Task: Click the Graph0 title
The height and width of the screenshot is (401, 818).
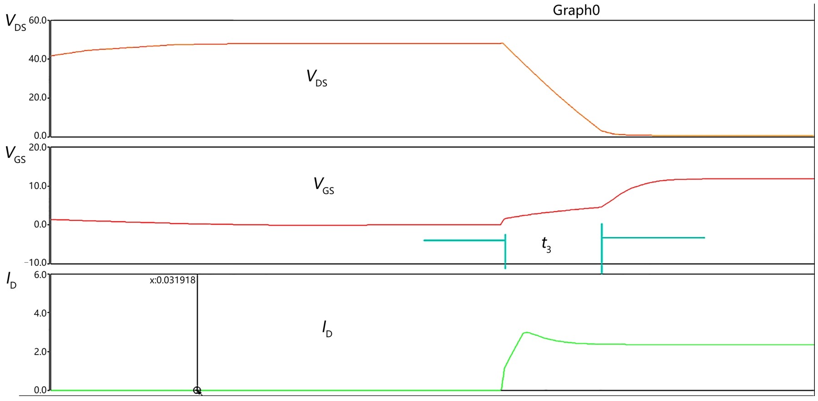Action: pyautogui.click(x=576, y=10)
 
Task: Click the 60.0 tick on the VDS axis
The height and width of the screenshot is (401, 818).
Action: pyautogui.click(x=38, y=20)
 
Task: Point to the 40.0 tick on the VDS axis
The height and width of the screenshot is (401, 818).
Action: pyautogui.click(x=38, y=59)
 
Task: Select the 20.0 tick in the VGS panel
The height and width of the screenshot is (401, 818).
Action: pyautogui.click(x=38, y=147)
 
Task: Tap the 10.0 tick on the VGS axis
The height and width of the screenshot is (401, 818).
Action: pyautogui.click(x=38, y=186)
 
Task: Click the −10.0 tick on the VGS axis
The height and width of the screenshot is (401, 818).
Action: pyautogui.click(x=36, y=263)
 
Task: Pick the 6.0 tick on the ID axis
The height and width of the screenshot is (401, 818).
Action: pyautogui.click(x=41, y=275)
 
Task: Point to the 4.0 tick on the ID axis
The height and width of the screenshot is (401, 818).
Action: pyautogui.click(x=41, y=314)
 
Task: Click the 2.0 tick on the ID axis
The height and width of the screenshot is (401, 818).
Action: pyautogui.click(x=41, y=352)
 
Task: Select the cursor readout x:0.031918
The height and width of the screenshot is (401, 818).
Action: pyautogui.click(x=173, y=280)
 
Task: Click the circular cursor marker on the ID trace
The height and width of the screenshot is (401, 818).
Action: pyautogui.click(x=197, y=390)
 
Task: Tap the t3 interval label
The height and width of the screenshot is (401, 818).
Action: pyautogui.click(x=546, y=245)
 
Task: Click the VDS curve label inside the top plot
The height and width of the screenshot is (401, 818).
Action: pyautogui.click(x=317, y=78)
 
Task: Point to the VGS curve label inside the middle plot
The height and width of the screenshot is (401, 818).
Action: pyautogui.click(x=324, y=186)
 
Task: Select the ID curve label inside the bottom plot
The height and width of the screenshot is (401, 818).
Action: pyautogui.click(x=327, y=329)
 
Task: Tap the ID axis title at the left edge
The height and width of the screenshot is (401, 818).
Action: pyautogui.click(x=11, y=280)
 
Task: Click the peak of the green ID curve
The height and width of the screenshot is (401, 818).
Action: pyautogui.click(x=526, y=333)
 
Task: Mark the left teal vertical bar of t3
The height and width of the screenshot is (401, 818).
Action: pyautogui.click(x=505, y=252)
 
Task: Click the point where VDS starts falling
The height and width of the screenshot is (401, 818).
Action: pyautogui.click(x=503, y=43)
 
